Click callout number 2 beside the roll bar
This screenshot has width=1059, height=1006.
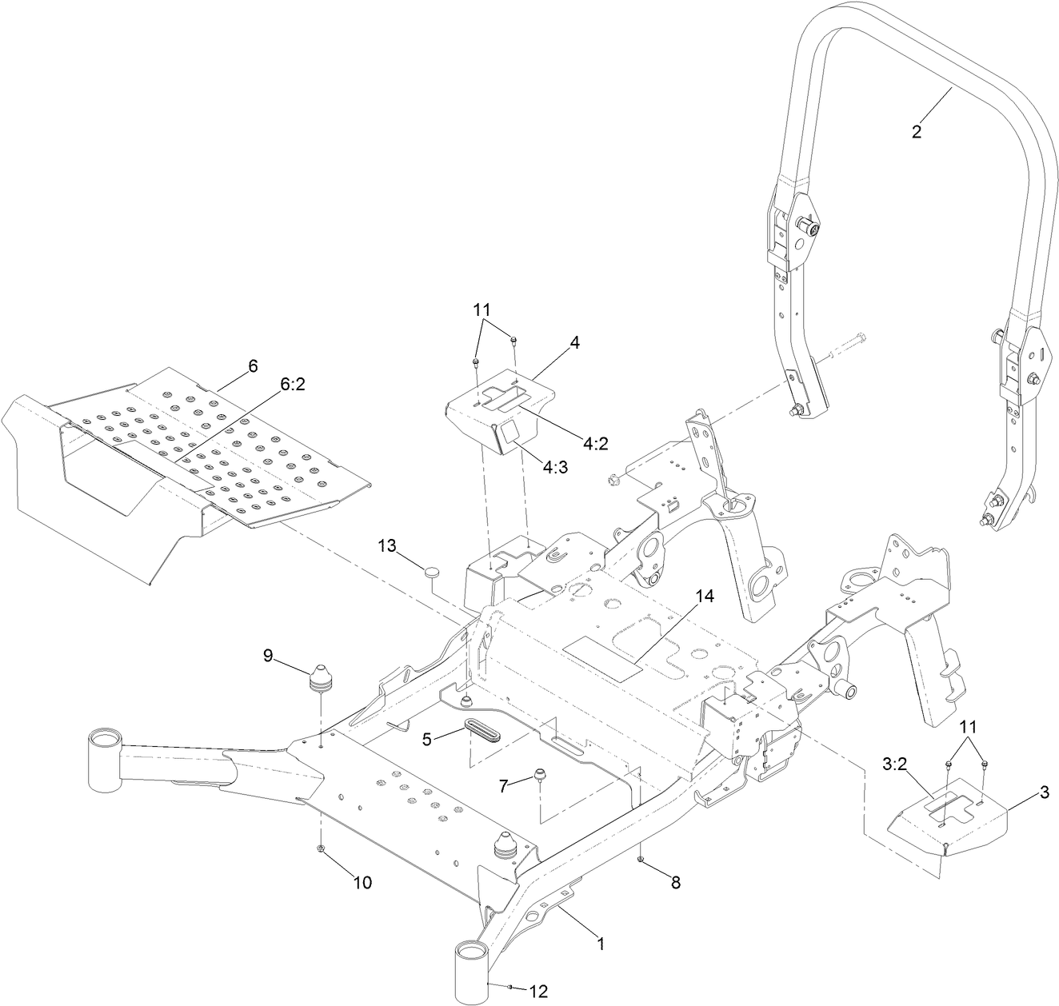917,132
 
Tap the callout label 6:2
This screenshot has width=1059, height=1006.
293,384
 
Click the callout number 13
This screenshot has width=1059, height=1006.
387,545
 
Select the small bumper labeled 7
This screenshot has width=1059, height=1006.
539,773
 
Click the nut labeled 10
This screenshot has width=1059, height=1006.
320,848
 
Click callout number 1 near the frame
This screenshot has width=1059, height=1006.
601,943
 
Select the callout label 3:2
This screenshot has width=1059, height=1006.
894,764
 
